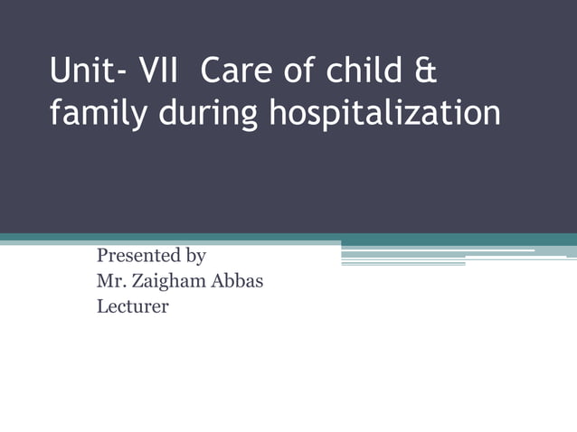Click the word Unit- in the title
coord(89,72)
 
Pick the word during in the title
coord(205,114)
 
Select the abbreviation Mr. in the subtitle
coord(110,281)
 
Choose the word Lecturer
coord(132,306)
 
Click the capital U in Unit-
coord(60,72)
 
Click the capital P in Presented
coord(102,256)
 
